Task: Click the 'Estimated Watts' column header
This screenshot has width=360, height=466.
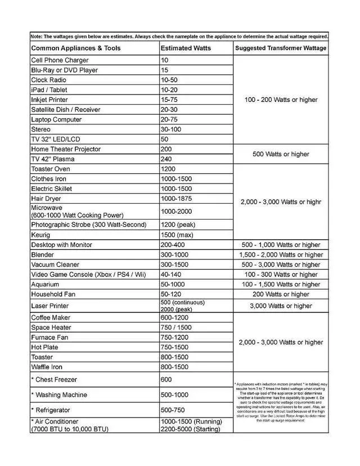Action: pyautogui.click(x=186, y=48)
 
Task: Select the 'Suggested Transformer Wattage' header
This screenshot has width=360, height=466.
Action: pyautogui.click(x=281, y=48)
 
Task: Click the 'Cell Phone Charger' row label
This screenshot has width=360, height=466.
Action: pyautogui.click(x=60, y=60)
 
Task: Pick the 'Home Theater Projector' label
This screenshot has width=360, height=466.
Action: pyautogui.click(x=66, y=149)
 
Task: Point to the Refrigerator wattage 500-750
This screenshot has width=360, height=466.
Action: pyautogui.click(x=175, y=410)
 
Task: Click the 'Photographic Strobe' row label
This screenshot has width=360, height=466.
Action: pyautogui.click(x=88, y=225)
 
